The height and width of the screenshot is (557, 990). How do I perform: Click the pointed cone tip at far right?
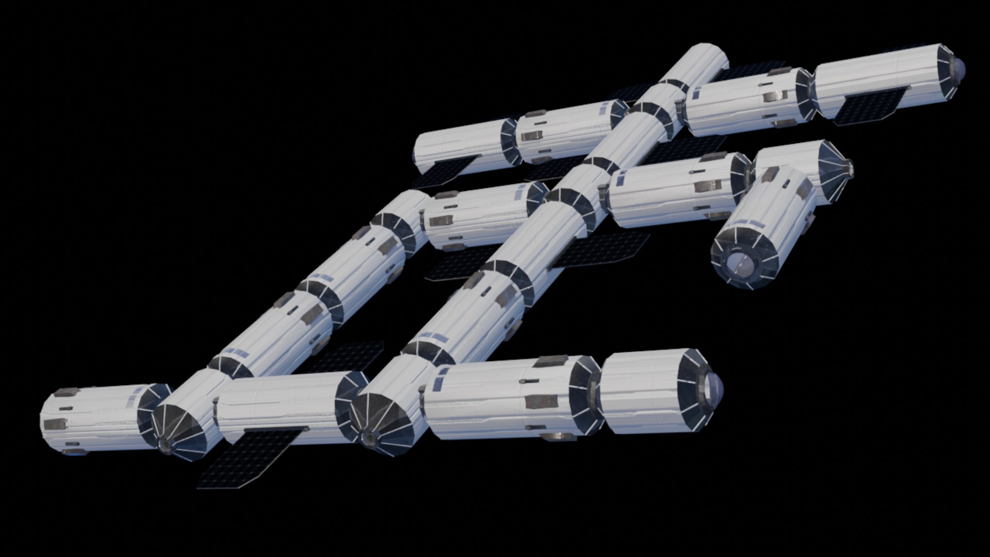pyautogui.click(x=849, y=168)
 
